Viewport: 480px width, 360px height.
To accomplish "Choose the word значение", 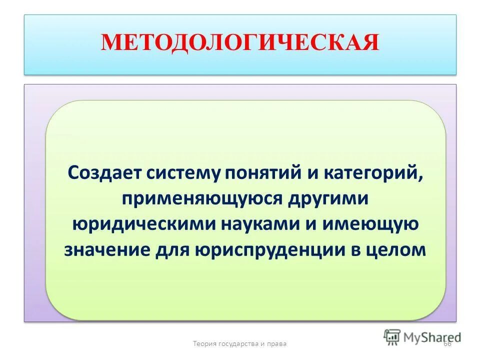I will (x=106, y=249).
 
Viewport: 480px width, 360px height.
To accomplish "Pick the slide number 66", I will (x=446, y=343).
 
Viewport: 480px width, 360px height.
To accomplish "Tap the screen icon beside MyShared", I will (x=391, y=336).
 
